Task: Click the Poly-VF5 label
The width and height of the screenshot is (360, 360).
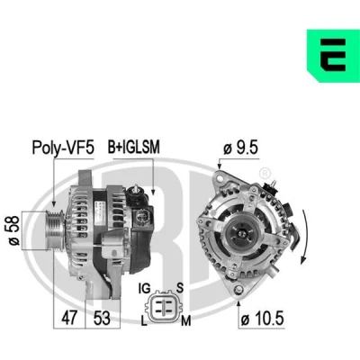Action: point(63,148)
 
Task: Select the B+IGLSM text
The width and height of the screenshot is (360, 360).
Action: point(134,147)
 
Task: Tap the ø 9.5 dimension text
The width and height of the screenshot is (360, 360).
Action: point(240,148)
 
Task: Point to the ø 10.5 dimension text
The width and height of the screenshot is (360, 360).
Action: point(262,319)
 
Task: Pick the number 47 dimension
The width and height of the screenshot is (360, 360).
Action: point(69,318)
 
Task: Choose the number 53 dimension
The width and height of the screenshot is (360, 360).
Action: point(102,318)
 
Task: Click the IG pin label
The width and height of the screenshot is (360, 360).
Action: point(144,289)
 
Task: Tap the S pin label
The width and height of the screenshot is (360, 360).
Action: point(180,288)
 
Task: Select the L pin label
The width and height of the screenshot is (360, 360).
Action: point(144,321)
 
